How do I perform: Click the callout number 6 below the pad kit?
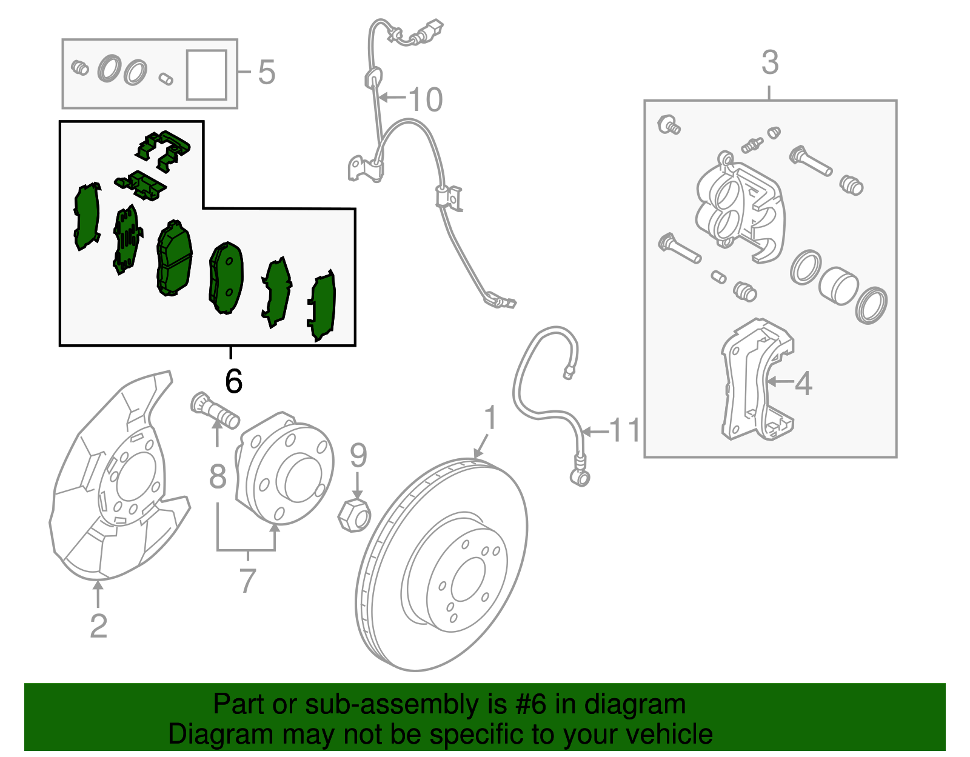(x=234, y=381)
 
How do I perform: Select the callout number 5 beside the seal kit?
(x=267, y=72)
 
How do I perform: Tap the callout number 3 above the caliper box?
(x=770, y=63)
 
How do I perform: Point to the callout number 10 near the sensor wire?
(x=426, y=99)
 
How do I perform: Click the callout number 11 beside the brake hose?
(x=624, y=430)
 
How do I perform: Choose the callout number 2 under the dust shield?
(x=99, y=626)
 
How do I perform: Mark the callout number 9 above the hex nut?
(x=358, y=455)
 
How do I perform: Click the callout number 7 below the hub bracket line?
(x=248, y=581)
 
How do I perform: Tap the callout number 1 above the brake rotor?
(x=490, y=418)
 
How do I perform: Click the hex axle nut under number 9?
(x=354, y=515)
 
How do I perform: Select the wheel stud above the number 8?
(x=215, y=410)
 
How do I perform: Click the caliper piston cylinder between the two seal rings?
(x=838, y=286)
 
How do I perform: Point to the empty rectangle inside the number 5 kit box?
(x=207, y=75)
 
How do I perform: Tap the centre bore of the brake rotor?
(x=468, y=579)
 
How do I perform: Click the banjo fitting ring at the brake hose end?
(x=580, y=478)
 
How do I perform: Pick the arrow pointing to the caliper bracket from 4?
(x=780, y=381)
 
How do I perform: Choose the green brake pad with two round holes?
(x=226, y=278)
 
